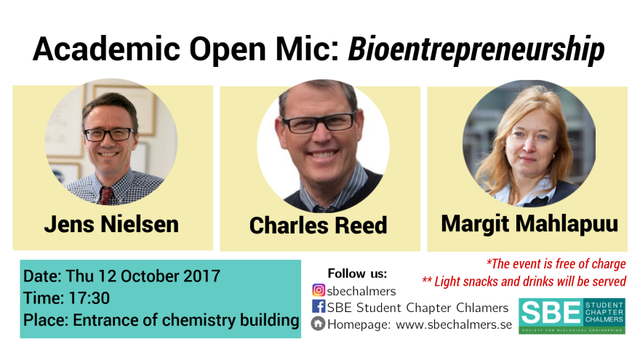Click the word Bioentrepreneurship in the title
pos(476,49)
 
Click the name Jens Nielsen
pos(111,224)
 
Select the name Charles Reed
pos(318,225)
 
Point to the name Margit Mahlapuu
pos(529,224)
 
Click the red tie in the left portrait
pos(106,196)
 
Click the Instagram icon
pos(319,290)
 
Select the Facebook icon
pos(319,306)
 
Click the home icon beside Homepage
pos(318,324)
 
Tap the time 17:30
pos(89,298)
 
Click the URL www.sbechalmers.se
pos(454,324)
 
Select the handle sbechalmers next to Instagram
pos(361,291)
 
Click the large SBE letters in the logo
pos(551,313)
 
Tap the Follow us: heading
pos(357,273)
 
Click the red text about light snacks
pos(524,281)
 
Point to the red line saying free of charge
pos(556,264)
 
